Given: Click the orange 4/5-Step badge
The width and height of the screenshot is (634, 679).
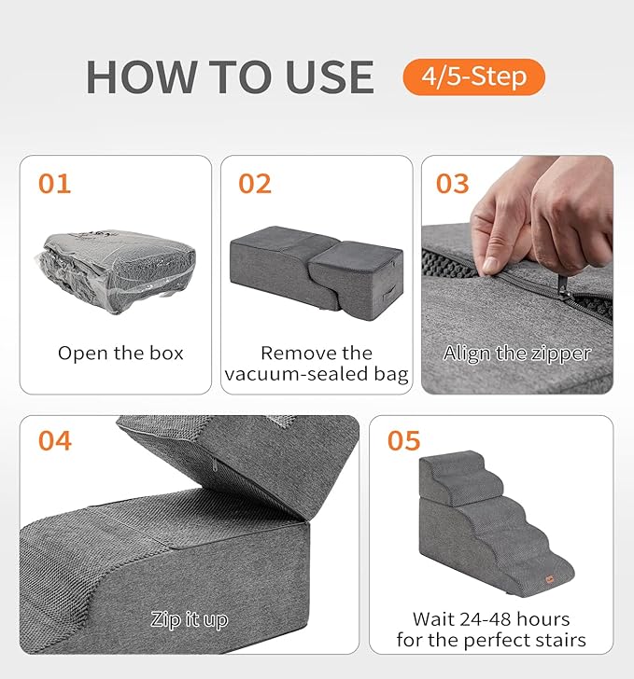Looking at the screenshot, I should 473,76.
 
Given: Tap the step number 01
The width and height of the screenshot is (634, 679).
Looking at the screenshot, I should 55,183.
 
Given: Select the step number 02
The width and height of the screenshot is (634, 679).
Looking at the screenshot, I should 255,183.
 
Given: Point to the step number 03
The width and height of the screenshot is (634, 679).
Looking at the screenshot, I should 453,183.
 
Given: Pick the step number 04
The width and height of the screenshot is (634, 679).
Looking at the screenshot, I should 55,440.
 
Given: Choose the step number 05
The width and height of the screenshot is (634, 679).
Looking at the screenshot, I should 404,440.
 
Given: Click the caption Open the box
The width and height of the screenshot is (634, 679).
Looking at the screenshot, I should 120,353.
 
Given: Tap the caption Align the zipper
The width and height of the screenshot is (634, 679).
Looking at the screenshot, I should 516,353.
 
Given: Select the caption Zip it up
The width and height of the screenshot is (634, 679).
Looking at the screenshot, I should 190,619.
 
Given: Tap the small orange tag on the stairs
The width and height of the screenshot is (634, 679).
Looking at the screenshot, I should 550,580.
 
